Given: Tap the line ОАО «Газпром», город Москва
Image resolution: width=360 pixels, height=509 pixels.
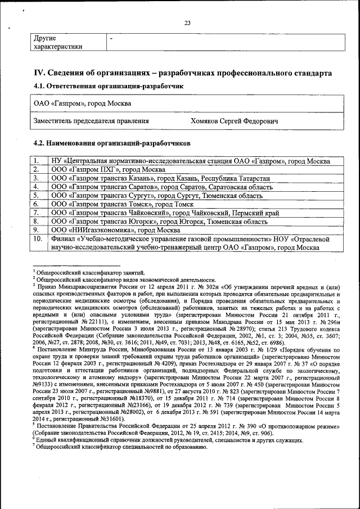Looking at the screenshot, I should coord(83,104).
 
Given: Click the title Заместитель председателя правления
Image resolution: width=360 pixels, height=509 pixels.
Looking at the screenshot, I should coord(92,120).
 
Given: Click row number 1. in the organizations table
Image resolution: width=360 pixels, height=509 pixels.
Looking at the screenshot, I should coord(37,161).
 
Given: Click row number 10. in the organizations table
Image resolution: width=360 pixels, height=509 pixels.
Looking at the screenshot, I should coord(38,239).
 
